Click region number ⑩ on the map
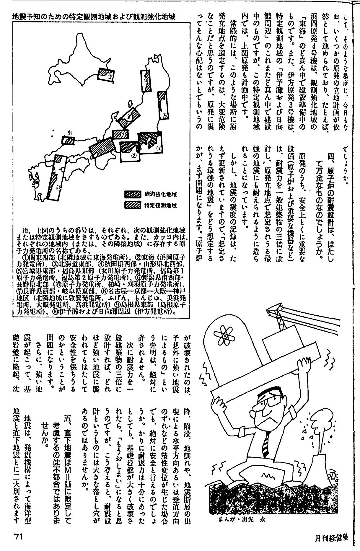[59, 187]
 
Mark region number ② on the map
[133, 156]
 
